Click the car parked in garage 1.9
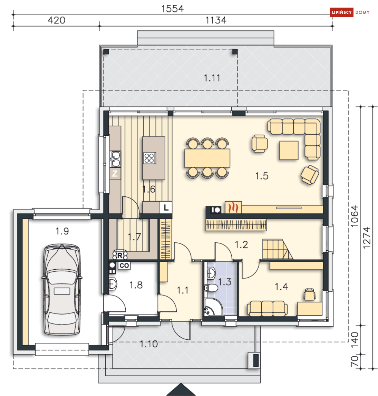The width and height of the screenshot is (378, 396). click(x=62, y=289)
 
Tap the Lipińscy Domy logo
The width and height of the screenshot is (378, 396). click(x=350, y=12)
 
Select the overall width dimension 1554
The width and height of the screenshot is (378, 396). click(x=172, y=9)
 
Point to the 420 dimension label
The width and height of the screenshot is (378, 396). click(x=57, y=20)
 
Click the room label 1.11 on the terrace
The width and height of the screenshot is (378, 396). click(x=212, y=78)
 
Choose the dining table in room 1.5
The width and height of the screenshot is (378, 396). click(x=207, y=158)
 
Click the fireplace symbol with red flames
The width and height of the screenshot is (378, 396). click(x=233, y=207)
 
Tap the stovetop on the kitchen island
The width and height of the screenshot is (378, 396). click(x=150, y=158)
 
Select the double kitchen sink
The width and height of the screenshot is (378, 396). click(x=115, y=159)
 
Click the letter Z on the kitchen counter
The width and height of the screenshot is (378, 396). click(x=115, y=174)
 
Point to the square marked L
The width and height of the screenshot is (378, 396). click(x=166, y=208)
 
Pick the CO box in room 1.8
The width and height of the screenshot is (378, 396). click(x=124, y=266)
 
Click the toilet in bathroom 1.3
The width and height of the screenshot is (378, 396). click(x=211, y=288)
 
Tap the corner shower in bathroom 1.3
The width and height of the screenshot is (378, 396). click(x=213, y=307)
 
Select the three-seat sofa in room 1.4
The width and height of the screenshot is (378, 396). click(x=267, y=309)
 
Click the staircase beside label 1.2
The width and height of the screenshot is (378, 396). click(x=277, y=249)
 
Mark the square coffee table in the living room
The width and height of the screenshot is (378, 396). click(x=289, y=150)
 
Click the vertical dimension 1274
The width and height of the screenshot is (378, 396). click(x=367, y=238)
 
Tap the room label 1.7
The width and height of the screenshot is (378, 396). click(x=134, y=237)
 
